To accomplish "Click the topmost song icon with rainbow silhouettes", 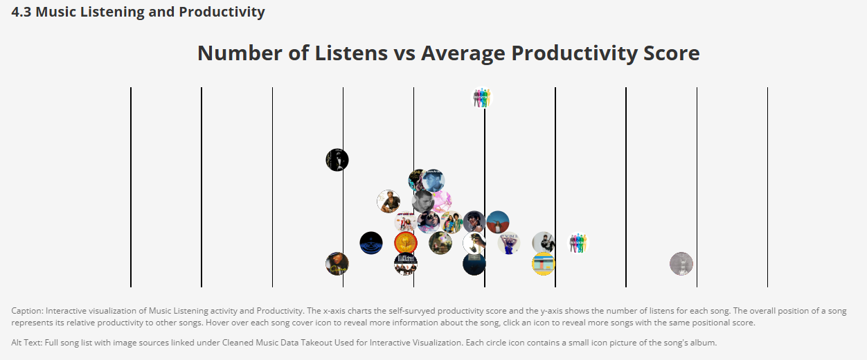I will [x=482, y=98].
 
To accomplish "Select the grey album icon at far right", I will [x=681, y=264].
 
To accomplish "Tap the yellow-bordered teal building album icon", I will [x=544, y=264].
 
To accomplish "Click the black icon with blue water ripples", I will [x=371, y=243].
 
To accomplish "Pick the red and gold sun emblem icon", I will [x=405, y=243].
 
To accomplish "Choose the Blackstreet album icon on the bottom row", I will [x=405, y=264].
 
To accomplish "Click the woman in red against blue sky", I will [x=498, y=222].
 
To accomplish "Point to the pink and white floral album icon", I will [x=441, y=201].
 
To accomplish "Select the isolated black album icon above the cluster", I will [x=337, y=160].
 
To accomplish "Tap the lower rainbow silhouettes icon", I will [x=578, y=243].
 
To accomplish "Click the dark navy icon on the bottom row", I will [x=474, y=264].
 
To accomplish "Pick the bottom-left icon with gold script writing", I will [x=337, y=264].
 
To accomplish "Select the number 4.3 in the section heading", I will [x=21, y=12].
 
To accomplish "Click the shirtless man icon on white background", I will [x=388, y=201].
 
